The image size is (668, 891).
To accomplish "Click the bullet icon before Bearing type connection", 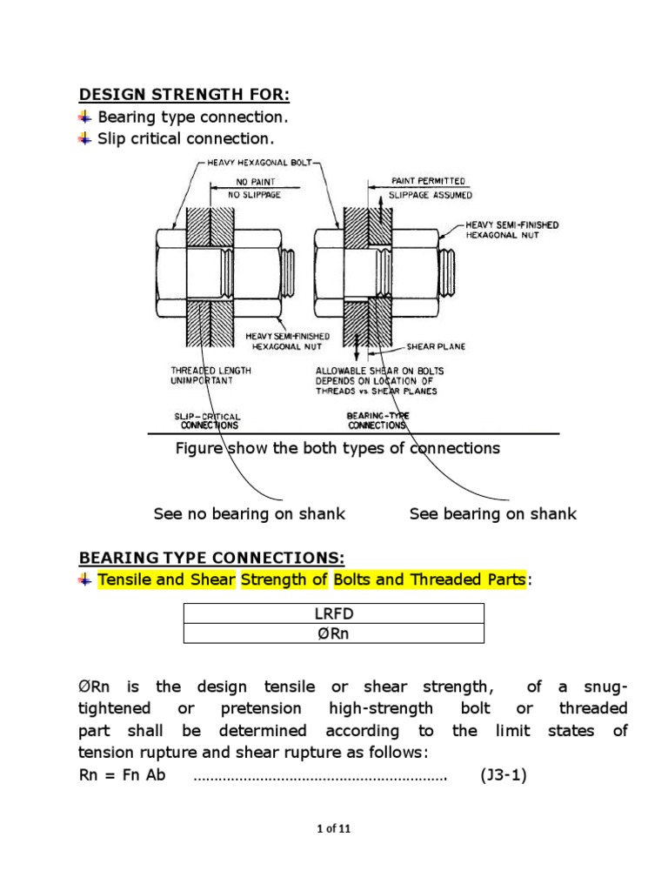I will [x=84, y=117].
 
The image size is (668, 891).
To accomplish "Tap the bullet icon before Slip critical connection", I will [x=84, y=138].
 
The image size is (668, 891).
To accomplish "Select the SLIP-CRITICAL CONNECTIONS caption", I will [x=209, y=421].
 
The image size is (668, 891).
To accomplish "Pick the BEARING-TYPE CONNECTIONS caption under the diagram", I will [x=377, y=421].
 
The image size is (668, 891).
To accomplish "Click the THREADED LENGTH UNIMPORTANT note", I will [x=210, y=376].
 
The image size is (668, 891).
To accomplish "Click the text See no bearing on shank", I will [x=249, y=514].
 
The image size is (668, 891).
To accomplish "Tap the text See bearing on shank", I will [x=492, y=514].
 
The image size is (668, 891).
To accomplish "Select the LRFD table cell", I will [x=333, y=613].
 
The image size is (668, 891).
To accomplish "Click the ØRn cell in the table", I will [x=333, y=633].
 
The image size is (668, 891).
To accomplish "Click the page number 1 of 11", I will [x=333, y=829].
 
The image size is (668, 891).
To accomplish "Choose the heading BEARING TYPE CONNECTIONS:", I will [x=211, y=557].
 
